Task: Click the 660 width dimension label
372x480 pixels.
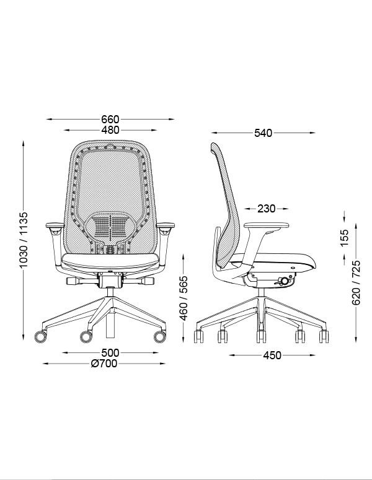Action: coord(110,119)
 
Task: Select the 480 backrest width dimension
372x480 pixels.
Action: coord(110,130)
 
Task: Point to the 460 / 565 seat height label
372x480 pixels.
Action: coord(184,298)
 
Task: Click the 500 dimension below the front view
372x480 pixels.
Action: coord(110,352)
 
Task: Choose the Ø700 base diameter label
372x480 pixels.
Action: coord(104,364)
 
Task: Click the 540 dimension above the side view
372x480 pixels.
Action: coord(263,133)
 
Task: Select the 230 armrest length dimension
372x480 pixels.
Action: coord(266,209)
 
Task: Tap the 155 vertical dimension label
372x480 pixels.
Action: coord(345,238)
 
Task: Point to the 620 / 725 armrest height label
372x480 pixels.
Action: coord(356,282)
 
